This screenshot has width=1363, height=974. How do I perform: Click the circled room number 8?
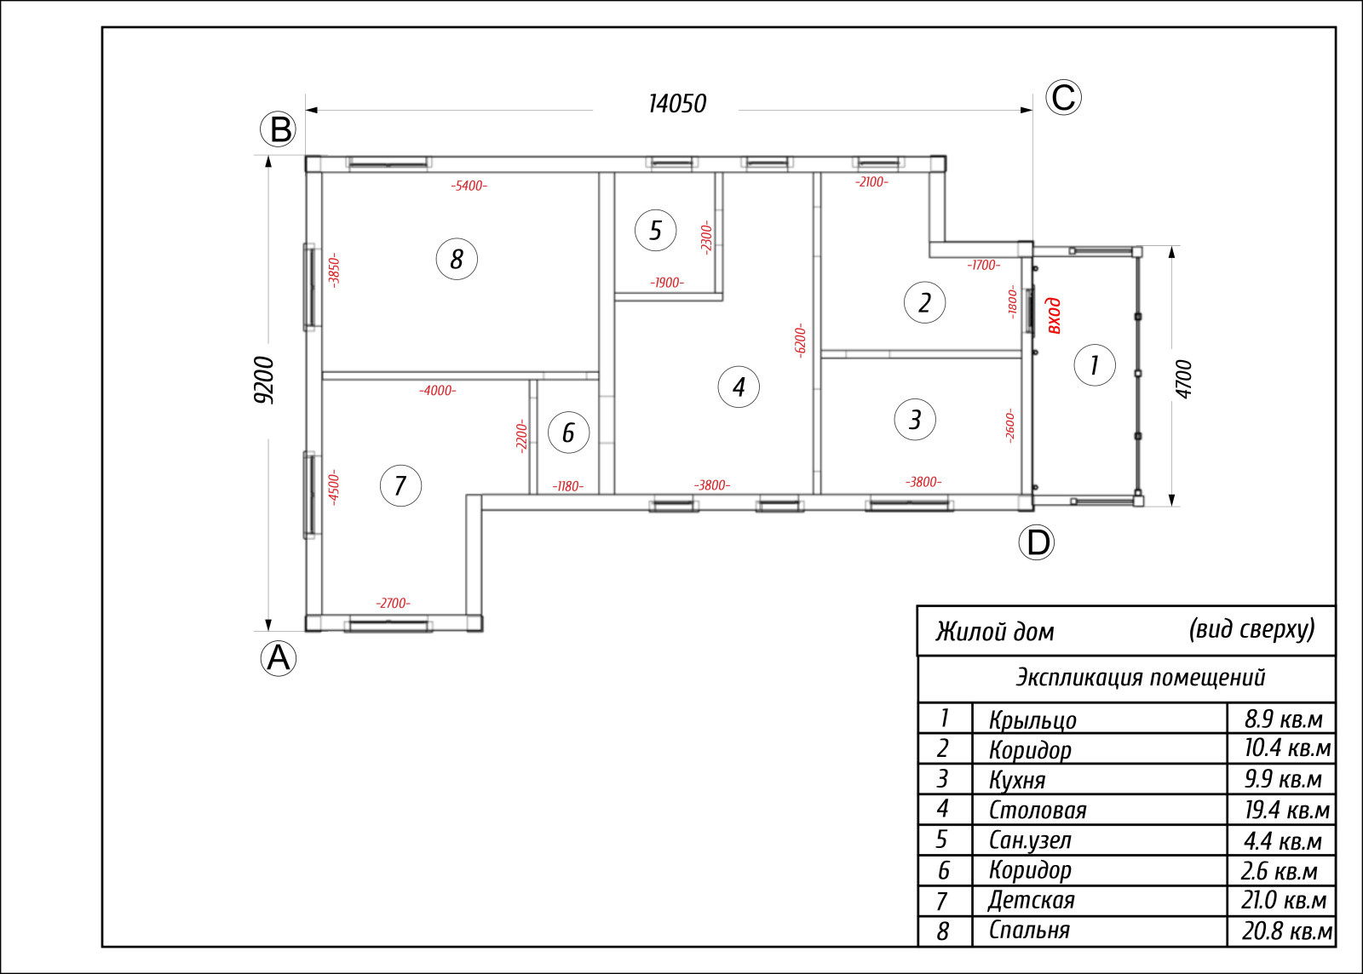point(457,259)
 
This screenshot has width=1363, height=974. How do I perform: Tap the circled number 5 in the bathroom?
point(655,230)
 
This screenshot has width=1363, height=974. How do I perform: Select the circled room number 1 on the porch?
point(1095,365)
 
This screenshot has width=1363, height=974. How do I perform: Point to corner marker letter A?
point(279,658)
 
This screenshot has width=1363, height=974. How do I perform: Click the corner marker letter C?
point(1064,97)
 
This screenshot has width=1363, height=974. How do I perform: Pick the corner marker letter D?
point(1036,542)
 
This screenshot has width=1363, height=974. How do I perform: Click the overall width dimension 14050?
point(677,104)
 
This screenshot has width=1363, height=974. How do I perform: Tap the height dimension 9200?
point(264,380)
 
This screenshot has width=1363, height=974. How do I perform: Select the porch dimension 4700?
point(1184,380)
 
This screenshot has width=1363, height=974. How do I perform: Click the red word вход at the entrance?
point(1054,316)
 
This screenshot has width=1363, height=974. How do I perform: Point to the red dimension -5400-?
point(469,186)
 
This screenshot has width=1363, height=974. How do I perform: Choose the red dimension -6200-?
point(800,341)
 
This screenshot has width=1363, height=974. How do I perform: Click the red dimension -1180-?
point(567,486)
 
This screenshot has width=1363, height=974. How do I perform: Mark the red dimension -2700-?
point(393,603)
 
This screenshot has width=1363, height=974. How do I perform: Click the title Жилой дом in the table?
point(994,632)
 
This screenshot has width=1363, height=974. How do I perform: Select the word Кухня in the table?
point(1017,779)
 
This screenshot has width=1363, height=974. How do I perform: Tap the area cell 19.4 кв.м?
point(1287,810)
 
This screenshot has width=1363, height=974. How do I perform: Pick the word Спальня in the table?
point(1029,931)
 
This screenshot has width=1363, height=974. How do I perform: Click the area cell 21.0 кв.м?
point(1284,901)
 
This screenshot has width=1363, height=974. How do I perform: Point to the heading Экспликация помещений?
point(1141,678)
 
